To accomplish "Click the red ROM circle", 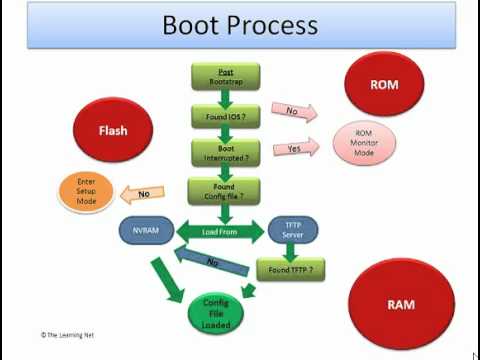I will coord(385,85).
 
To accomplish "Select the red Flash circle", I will coord(112,131).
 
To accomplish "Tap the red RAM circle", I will coord(400,303).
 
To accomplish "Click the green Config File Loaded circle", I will coord(216,312).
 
